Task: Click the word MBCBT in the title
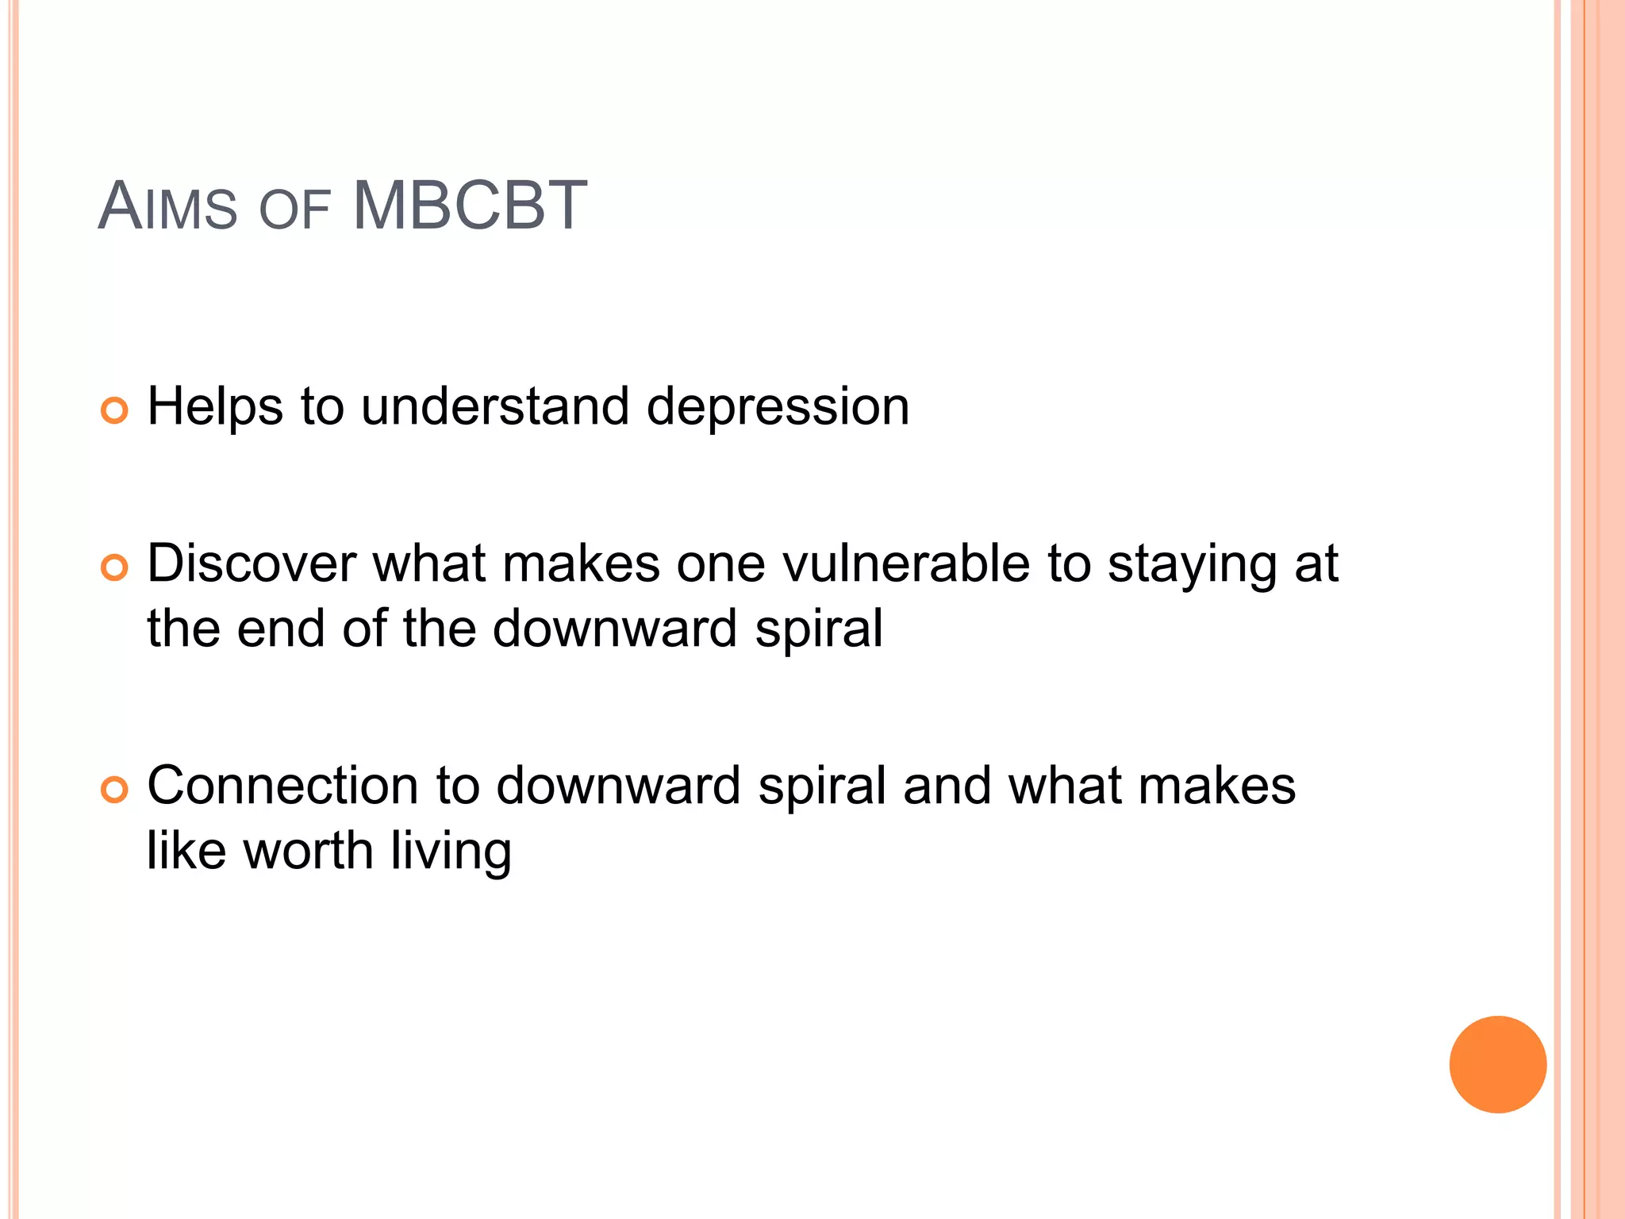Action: click(x=470, y=206)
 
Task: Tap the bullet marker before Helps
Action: click(x=114, y=410)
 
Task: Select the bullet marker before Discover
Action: click(x=114, y=567)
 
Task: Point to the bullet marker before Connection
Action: click(x=114, y=790)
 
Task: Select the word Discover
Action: click(x=252, y=563)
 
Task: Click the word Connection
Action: click(x=282, y=786)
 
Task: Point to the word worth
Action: click(x=308, y=851)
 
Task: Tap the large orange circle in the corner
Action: click(x=1497, y=1064)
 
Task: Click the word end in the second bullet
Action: click(x=281, y=629)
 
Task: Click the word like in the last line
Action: click(x=187, y=851)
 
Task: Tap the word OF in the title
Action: click(x=294, y=210)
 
